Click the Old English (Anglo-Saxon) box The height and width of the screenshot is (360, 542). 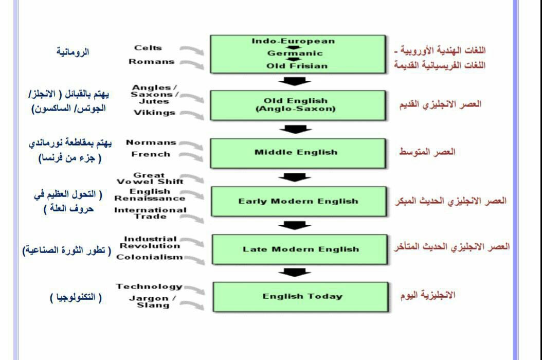[x=298, y=105]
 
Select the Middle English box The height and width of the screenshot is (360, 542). [x=298, y=153]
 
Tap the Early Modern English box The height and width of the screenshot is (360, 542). [x=299, y=201]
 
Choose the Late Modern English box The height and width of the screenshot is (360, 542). [x=300, y=249]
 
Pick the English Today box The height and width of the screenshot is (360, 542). [x=300, y=297]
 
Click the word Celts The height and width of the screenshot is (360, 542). [x=148, y=48]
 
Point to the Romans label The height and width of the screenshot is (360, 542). [x=151, y=62]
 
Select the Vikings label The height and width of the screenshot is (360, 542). [x=154, y=113]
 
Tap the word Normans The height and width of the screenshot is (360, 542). [x=151, y=142]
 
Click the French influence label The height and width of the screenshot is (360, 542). [x=151, y=154]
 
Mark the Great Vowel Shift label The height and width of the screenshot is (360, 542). [x=150, y=178]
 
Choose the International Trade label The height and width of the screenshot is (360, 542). [x=150, y=213]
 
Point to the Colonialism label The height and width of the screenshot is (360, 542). [x=149, y=257]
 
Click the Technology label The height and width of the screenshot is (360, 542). [x=149, y=286]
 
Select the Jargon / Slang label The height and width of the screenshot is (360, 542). [x=153, y=301]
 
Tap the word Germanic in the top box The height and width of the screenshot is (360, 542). [x=295, y=53]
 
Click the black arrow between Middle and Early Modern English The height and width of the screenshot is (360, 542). [x=295, y=177]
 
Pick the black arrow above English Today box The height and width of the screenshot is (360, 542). [x=295, y=273]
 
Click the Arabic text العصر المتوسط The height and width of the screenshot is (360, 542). [x=427, y=152]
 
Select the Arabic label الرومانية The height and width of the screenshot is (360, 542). [x=73, y=52]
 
